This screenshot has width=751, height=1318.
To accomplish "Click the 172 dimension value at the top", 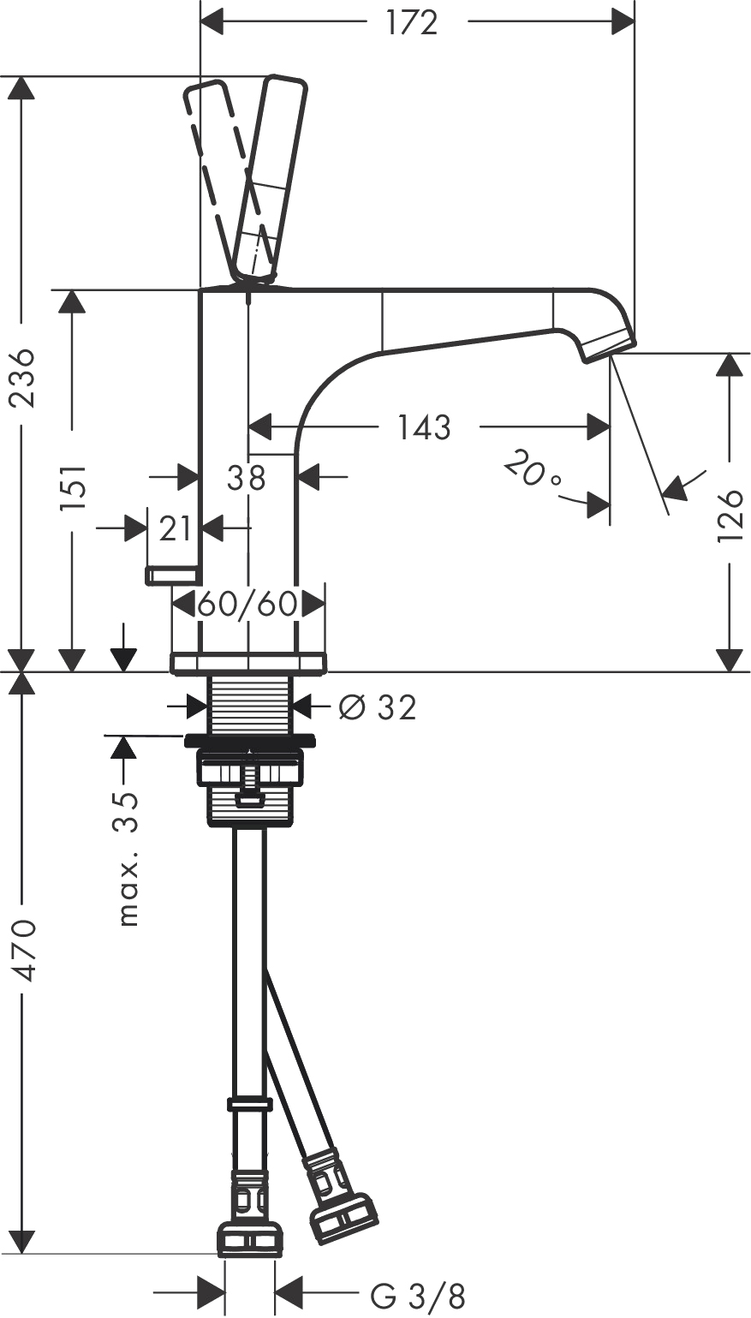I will (x=412, y=23).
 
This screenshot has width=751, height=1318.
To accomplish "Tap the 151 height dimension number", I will (x=75, y=489).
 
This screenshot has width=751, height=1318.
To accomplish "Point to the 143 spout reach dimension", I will (x=424, y=426).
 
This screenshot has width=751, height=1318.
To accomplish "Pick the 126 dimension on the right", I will (x=730, y=516).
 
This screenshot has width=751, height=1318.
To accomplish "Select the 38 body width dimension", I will (x=247, y=478).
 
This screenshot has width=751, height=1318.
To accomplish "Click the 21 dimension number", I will (x=175, y=529).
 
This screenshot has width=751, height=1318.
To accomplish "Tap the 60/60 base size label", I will (x=247, y=605).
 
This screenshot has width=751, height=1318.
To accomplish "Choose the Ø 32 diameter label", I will (x=378, y=707).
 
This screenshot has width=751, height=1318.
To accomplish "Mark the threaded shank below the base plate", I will (x=249, y=703).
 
